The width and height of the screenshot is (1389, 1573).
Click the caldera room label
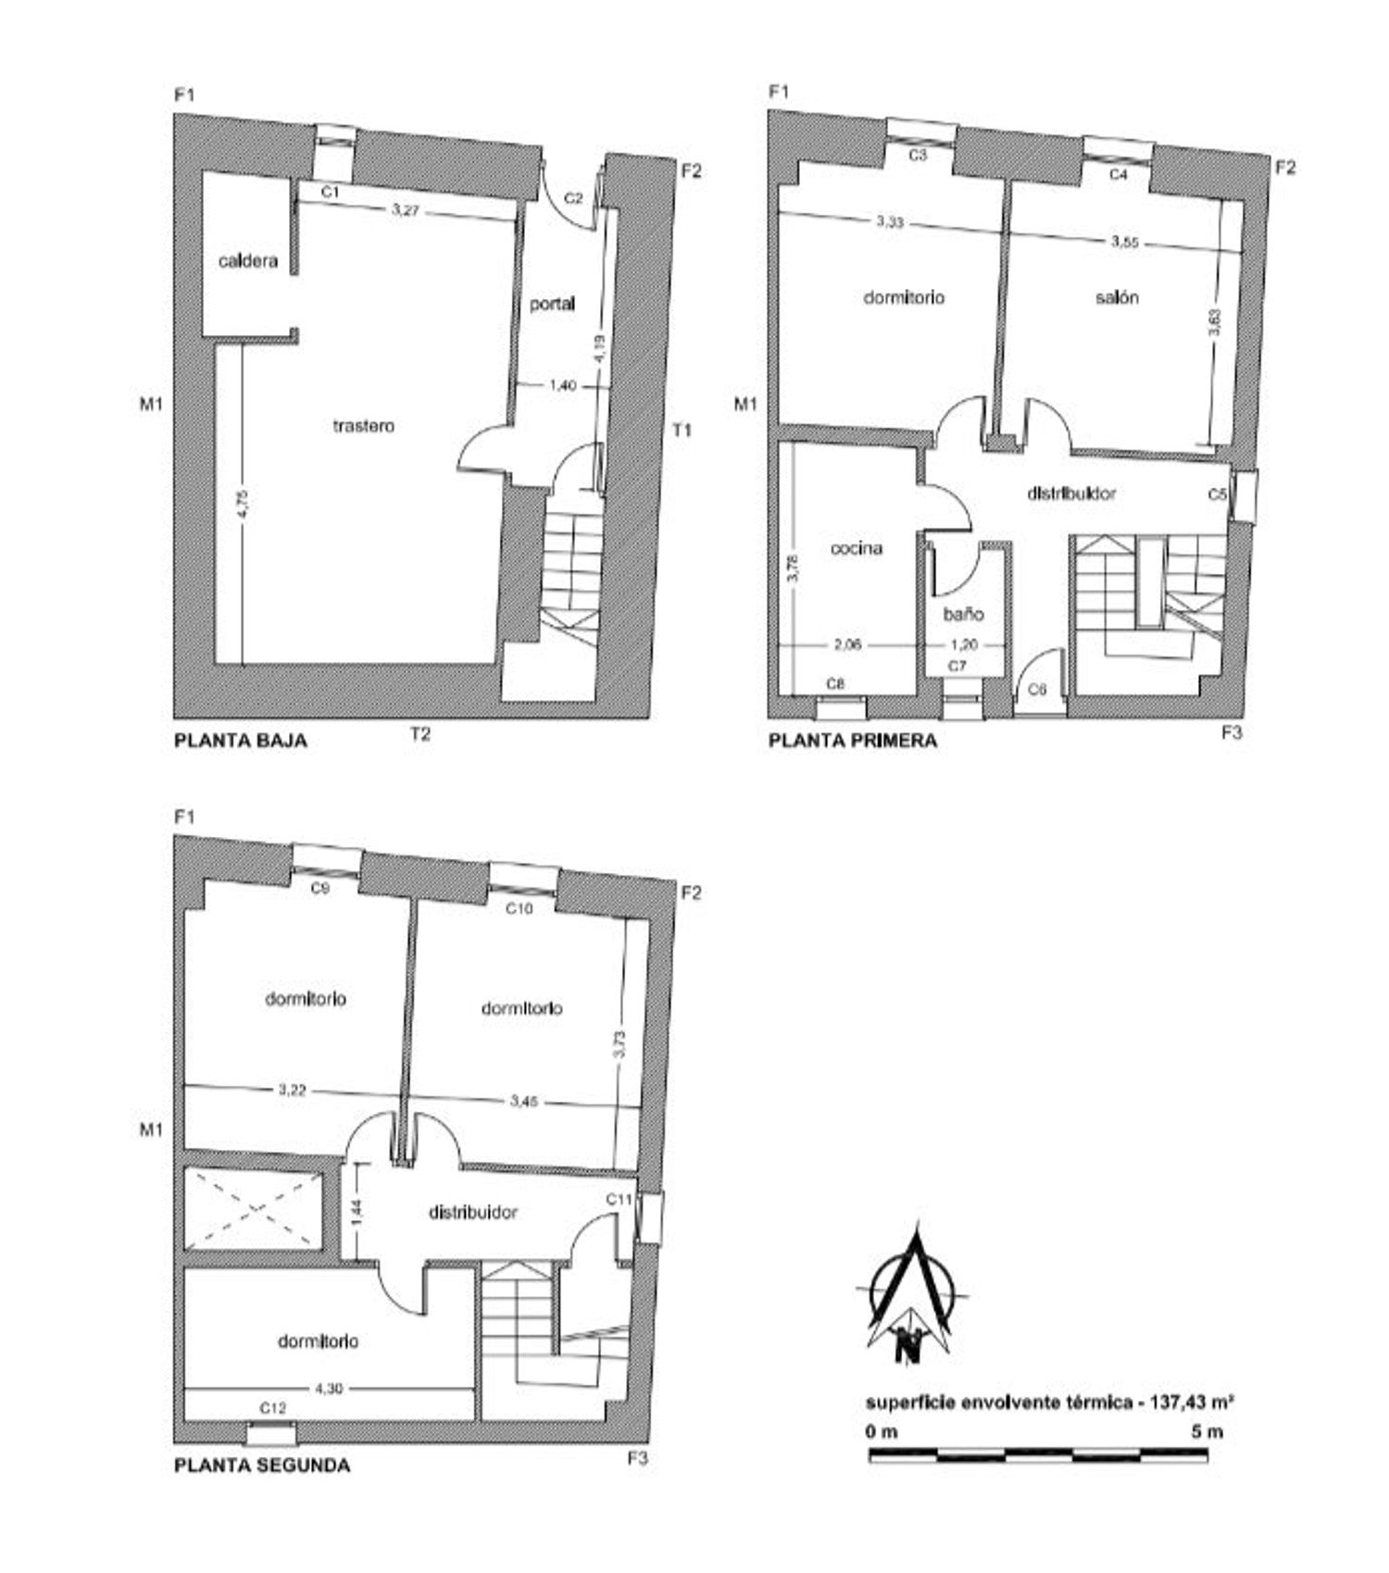247,261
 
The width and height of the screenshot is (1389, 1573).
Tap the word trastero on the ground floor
363,426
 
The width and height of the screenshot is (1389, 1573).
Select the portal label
552,304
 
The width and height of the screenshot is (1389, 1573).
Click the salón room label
1117,297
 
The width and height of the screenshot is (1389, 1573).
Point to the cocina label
857,548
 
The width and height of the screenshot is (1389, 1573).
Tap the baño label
963,614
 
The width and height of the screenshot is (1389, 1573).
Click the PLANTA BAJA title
241,741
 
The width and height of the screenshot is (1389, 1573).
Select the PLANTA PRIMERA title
853,741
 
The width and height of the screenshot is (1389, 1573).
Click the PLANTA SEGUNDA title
262,1466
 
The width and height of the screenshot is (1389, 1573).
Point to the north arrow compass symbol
912,1297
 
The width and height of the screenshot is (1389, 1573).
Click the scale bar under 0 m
1038,1455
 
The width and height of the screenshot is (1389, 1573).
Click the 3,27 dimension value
406,210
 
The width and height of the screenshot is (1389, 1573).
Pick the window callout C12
272,1408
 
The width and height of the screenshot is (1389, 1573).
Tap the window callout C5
1218,494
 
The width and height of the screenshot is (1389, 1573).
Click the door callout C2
573,197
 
